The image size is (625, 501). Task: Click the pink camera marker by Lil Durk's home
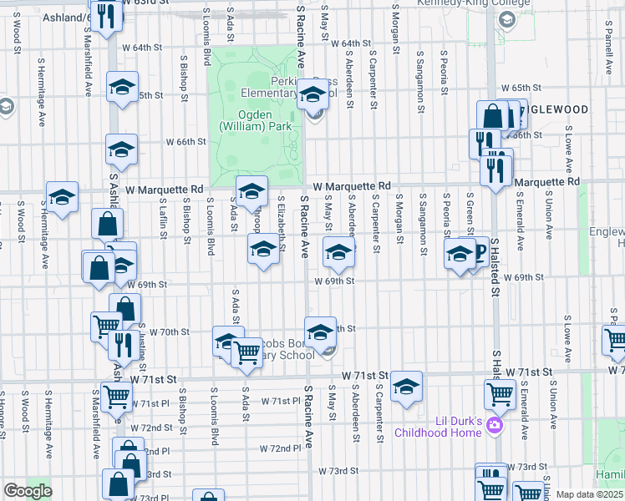click(x=495, y=426)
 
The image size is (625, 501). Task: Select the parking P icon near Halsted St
click(x=479, y=250)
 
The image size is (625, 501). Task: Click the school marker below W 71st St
click(x=407, y=386)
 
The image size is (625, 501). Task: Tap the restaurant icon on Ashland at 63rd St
click(x=106, y=15)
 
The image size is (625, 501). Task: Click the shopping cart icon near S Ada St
click(x=247, y=352)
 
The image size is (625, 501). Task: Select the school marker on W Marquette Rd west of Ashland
click(x=62, y=197)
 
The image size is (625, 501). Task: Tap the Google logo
click(x=28, y=491)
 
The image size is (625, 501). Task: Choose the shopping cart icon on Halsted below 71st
click(x=500, y=392)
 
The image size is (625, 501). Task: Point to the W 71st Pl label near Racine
click(x=281, y=402)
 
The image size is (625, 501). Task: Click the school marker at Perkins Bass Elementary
click(x=312, y=94)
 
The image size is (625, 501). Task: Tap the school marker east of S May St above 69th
click(x=338, y=251)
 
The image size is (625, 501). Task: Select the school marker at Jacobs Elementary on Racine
click(x=319, y=332)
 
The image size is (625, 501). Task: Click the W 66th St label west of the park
click(x=185, y=142)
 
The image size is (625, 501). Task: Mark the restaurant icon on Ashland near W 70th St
click(x=124, y=343)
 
